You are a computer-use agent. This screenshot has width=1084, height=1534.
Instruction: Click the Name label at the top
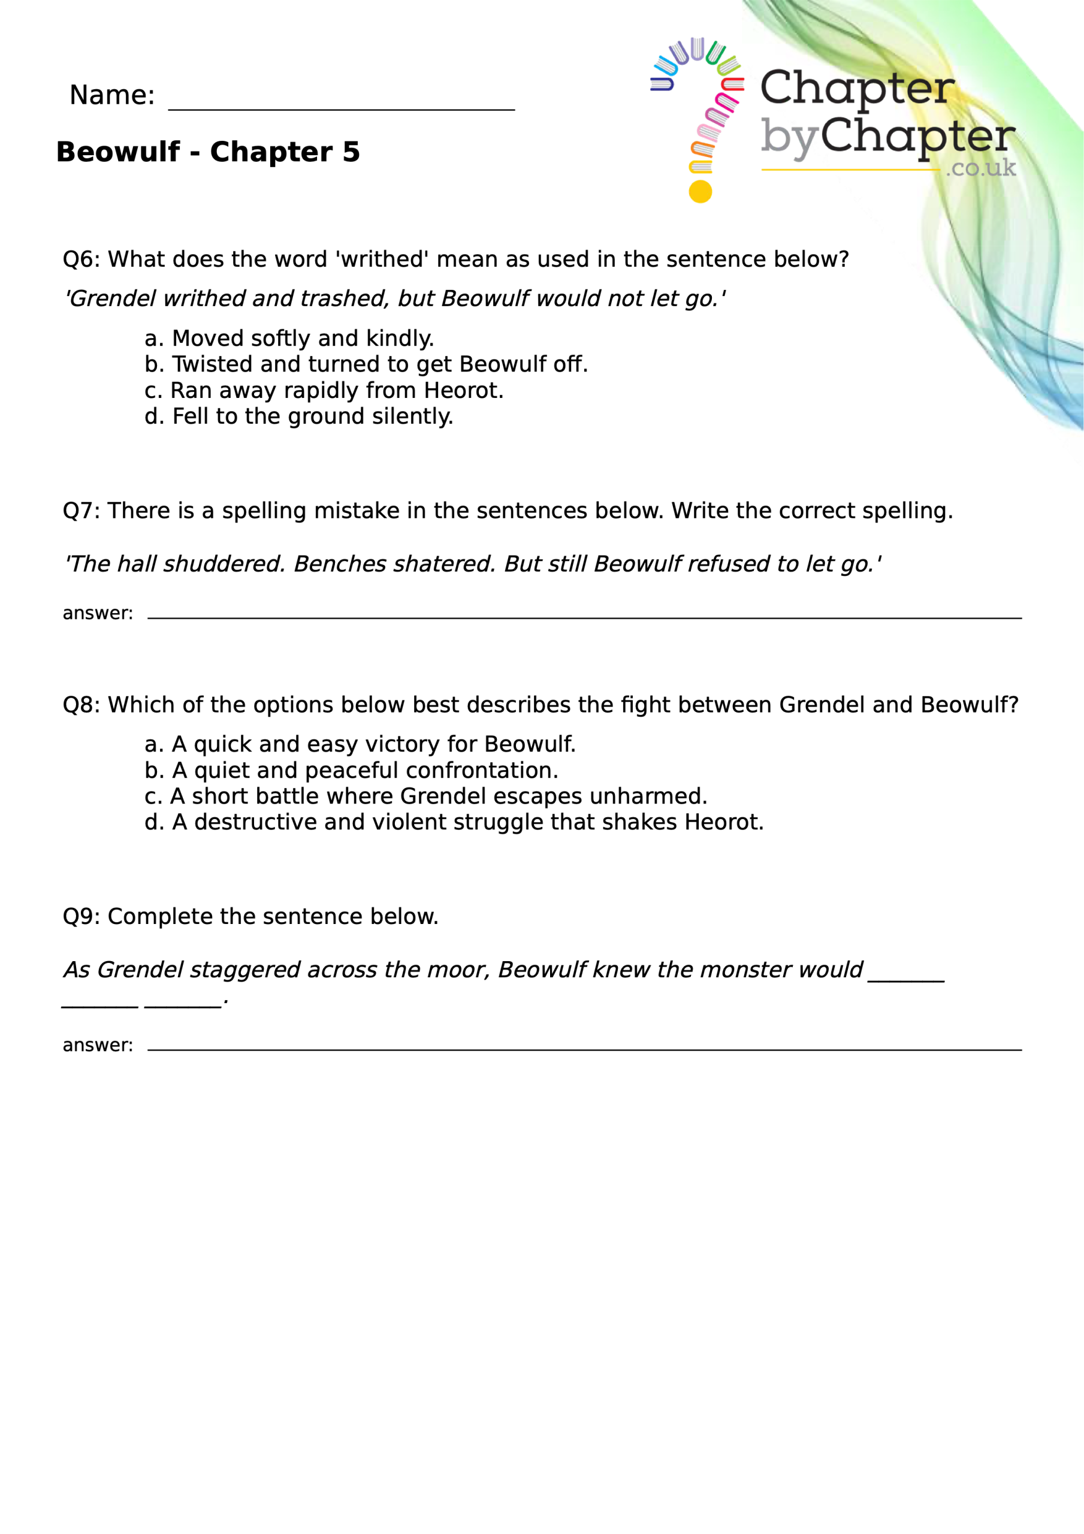[x=111, y=95]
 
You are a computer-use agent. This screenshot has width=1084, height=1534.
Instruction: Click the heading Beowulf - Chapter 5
[x=208, y=152]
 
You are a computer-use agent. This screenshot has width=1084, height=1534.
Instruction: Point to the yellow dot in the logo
[x=700, y=192]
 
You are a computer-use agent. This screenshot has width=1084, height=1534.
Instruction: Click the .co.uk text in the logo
[x=980, y=168]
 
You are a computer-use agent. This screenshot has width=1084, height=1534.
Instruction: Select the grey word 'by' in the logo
[x=789, y=138]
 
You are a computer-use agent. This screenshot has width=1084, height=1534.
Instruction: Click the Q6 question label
[x=80, y=259]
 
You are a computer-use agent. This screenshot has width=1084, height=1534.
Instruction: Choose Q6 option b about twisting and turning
[x=366, y=364]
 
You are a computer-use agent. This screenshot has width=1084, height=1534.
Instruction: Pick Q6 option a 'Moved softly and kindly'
[x=289, y=338]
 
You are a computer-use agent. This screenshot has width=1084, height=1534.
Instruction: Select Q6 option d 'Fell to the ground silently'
[x=299, y=416]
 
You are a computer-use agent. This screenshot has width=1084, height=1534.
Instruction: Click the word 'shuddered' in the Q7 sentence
[x=224, y=564]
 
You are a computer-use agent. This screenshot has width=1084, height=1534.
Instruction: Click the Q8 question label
[x=80, y=705]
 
